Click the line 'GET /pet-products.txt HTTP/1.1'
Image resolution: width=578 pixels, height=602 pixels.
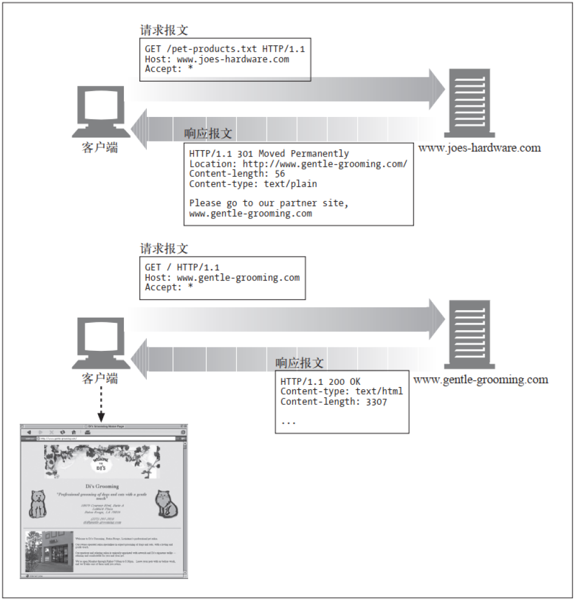(x=224, y=49)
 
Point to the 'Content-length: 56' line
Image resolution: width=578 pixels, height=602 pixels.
(x=237, y=174)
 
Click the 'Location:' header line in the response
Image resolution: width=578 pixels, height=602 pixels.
(x=298, y=164)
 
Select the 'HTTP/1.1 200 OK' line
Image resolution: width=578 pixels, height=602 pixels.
(x=321, y=382)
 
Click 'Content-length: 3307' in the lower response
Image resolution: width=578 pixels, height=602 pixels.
(x=334, y=402)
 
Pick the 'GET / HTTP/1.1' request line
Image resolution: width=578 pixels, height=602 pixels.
(x=182, y=267)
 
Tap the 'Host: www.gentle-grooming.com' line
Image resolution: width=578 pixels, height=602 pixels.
(x=222, y=277)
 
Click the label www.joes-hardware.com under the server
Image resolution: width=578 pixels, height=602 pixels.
(x=479, y=148)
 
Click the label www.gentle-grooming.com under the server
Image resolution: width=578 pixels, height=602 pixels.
(x=481, y=380)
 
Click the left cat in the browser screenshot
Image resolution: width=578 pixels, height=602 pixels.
(x=37, y=504)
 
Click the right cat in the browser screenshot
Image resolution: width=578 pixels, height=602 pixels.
(x=167, y=504)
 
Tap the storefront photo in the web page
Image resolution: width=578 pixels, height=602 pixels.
(x=49, y=551)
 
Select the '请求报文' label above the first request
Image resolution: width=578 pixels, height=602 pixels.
(x=164, y=30)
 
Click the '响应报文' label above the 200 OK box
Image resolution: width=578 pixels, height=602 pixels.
(x=299, y=363)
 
